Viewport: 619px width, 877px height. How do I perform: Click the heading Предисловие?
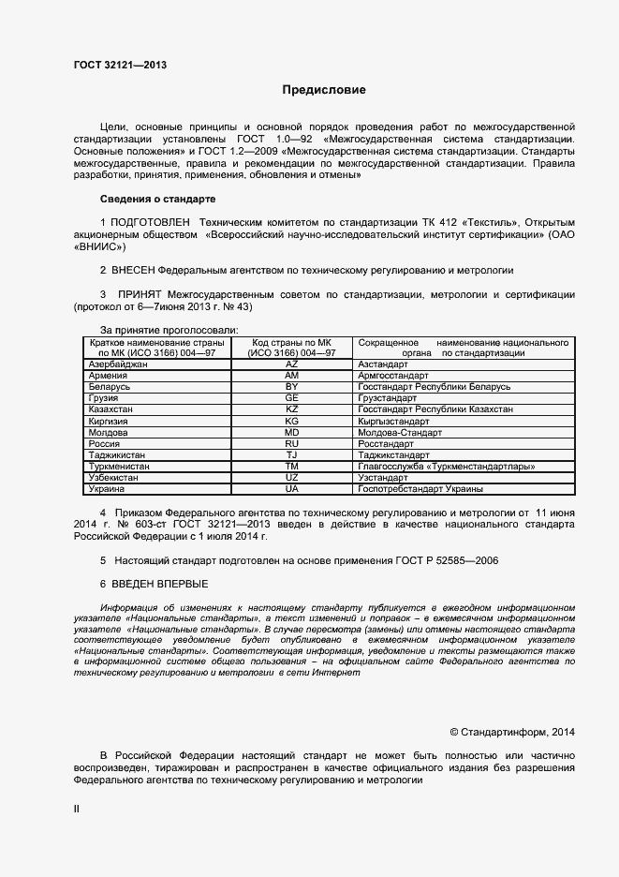(325, 91)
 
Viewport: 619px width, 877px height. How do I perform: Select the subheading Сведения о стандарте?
(157, 200)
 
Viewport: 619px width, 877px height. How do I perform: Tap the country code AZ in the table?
(291, 363)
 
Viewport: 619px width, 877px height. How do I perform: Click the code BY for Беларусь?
(291, 386)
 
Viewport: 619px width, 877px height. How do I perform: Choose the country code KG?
(291, 422)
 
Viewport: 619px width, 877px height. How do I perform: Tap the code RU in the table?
(291, 443)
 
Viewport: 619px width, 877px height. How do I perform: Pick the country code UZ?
(291, 477)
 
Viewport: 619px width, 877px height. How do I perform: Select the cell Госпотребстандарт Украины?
(420, 488)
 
